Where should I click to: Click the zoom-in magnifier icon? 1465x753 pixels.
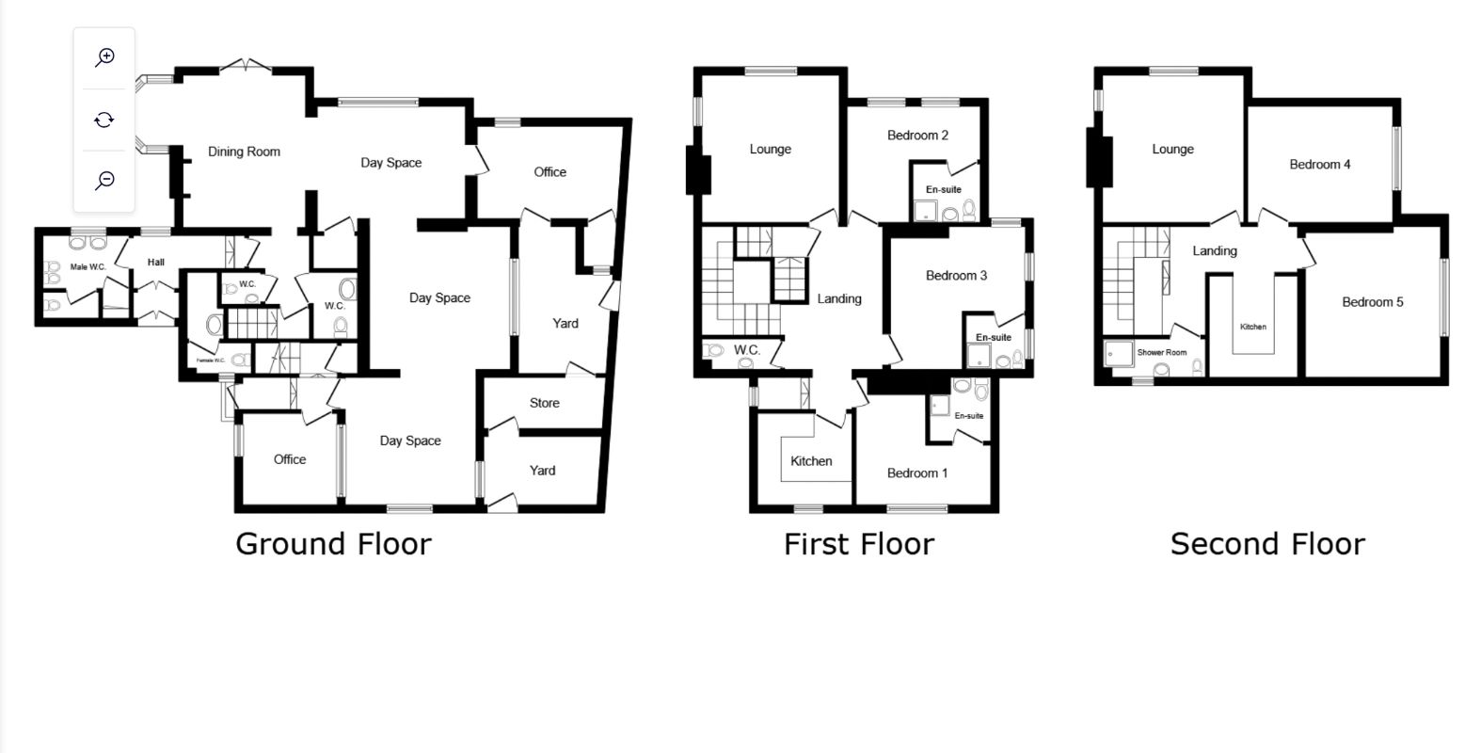tap(104, 57)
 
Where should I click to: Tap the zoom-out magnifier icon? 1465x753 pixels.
tap(104, 181)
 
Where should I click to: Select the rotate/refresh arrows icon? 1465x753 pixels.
tap(104, 120)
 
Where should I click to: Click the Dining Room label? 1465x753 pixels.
tap(244, 152)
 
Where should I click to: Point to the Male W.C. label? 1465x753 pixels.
tap(88, 267)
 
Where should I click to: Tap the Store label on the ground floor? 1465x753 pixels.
tap(544, 403)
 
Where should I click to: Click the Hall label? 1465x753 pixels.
tap(155, 263)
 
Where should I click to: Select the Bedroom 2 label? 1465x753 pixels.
tap(917, 136)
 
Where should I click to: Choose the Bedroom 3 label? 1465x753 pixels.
tap(956, 276)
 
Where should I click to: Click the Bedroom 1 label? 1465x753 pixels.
tap(917, 473)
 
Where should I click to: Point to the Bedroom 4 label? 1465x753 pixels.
tap(1320, 164)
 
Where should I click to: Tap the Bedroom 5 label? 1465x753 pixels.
tap(1372, 302)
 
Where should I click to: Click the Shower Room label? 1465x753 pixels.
tap(1161, 352)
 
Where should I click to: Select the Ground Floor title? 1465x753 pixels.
tap(333, 544)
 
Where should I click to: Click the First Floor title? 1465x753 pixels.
tap(859, 544)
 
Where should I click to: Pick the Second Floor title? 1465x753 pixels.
tap(1267, 544)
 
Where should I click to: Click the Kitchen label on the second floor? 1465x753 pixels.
tap(1253, 327)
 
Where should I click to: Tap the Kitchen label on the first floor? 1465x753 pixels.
tap(811, 461)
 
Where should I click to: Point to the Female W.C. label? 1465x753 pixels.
tap(211, 360)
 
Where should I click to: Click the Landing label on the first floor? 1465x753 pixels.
tap(839, 299)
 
